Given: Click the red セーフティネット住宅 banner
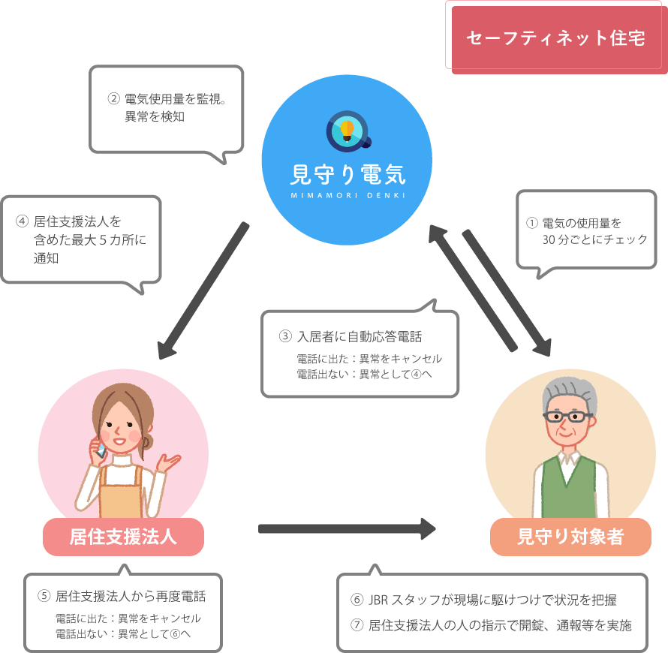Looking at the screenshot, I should click(555, 38).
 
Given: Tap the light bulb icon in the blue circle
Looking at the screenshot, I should click(347, 130).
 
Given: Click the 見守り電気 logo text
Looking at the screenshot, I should click(347, 174).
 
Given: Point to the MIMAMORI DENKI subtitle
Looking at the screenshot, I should click(347, 195).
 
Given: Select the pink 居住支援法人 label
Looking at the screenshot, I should click(123, 537).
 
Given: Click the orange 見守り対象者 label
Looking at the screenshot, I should click(570, 537).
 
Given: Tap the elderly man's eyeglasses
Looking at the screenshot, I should click(568, 418).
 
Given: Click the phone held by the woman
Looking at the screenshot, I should click(101, 448).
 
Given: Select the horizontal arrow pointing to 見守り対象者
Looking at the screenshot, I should click(346, 528).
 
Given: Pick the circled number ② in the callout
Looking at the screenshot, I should click(114, 98).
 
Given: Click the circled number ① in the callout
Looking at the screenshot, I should click(531, 224).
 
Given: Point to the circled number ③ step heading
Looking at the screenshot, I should click(285, 337).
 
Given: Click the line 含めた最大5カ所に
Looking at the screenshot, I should click(89, 240).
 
